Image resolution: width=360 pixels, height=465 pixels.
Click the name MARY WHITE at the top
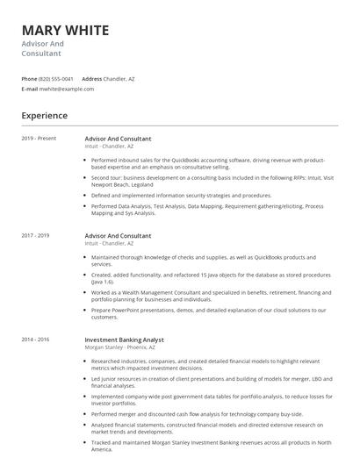point(65,30)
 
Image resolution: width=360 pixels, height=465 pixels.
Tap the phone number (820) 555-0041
point(56,79)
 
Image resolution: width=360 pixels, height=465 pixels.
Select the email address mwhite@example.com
point(67,89)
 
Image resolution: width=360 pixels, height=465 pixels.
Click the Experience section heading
point(45,116)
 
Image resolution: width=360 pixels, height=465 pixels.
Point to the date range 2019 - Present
point(39,139)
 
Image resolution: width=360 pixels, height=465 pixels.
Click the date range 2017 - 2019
point(36,236)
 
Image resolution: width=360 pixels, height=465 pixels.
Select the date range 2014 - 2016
point(36,339)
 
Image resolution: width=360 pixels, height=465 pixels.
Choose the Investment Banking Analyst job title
point(124,339)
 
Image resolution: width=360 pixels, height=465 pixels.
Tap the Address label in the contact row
point(91,79)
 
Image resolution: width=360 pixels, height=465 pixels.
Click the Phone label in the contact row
point(29,79)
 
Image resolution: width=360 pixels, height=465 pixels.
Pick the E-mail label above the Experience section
point(30,89)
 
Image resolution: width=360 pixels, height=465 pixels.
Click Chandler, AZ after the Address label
point(119,79)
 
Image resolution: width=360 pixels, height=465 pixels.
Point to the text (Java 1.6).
point(103,282)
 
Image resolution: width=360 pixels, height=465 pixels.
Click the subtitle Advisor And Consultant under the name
point(43,48)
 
